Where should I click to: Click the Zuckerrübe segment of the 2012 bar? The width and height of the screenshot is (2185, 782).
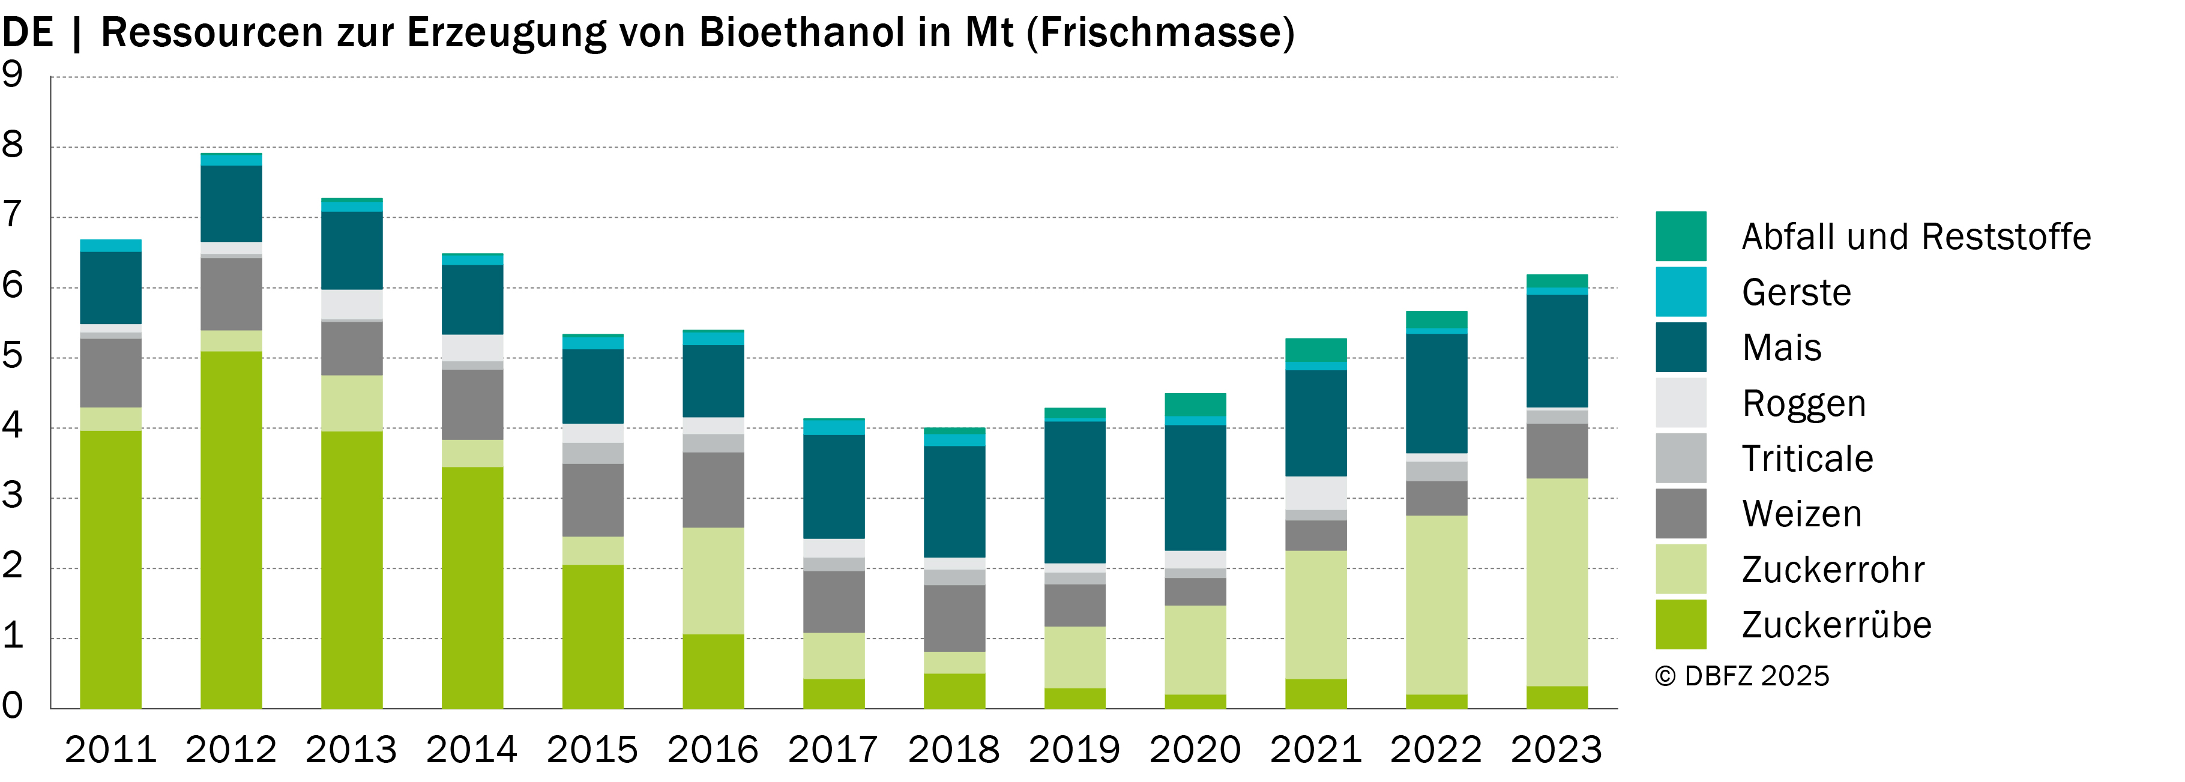click(231, 530)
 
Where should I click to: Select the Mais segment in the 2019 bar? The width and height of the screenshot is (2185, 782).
click(1074, 492)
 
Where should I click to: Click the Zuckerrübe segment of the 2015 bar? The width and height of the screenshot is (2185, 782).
click(593, 637)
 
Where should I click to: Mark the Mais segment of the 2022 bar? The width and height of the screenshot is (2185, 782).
click(1436, 394)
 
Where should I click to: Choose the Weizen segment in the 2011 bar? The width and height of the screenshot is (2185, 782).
click(110, 373)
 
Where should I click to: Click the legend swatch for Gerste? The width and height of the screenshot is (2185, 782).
click(1680, 292)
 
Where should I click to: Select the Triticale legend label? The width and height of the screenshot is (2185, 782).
click(1807, 459)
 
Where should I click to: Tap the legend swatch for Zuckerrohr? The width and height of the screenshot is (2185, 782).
click(1680, 569)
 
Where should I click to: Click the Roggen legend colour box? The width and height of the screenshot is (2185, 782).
click(1680, 403)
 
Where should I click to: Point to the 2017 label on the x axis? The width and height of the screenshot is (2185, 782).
click(833, 750)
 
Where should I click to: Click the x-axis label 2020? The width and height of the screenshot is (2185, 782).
click(1195, 750)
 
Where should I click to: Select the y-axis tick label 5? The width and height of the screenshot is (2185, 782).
click(13, 356)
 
